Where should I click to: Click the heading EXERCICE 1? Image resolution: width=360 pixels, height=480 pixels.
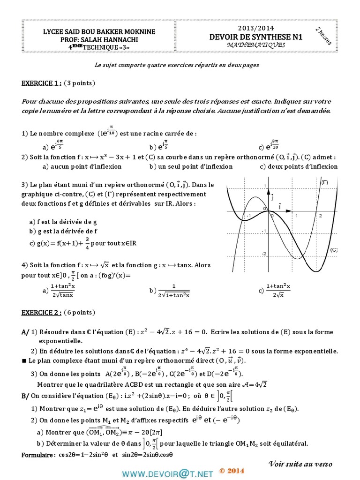coord(41,83)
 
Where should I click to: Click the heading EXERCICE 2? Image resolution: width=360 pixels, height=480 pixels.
coord(41,312)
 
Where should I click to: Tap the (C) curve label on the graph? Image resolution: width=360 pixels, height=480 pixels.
coord(334,250)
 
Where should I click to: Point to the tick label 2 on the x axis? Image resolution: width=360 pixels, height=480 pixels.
coord(320,216)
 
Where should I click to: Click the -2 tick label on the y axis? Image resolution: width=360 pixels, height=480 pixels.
coord(263,254)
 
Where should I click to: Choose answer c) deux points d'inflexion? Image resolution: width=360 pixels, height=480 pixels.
coord(298,166)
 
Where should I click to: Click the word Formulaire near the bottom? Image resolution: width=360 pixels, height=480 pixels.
coord(38,455)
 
